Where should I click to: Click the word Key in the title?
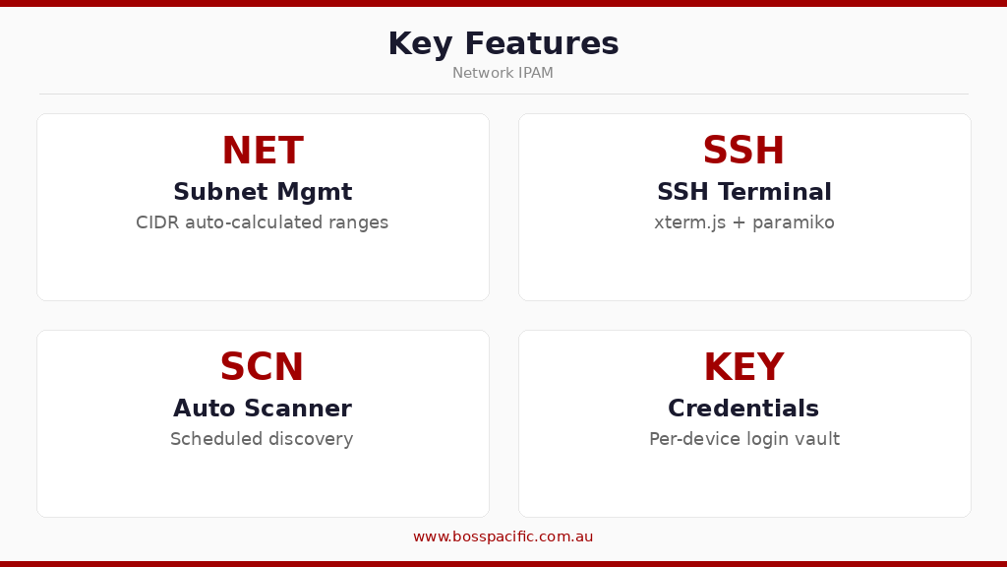421,44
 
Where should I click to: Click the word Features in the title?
542,44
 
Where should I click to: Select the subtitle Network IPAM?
503,73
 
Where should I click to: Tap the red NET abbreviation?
263,152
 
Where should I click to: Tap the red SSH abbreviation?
743,152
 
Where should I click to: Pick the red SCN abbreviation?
262,368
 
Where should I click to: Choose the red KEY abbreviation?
743,368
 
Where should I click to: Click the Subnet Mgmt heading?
263,192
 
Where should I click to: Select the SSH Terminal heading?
744,192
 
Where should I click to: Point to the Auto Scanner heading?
263,409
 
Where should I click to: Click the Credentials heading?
743,409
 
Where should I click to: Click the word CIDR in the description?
156,222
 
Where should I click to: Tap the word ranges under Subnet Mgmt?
359,223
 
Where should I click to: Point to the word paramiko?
794,223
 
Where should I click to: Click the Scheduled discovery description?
262,439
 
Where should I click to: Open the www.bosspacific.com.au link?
503,536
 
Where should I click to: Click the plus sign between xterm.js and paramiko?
740,223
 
